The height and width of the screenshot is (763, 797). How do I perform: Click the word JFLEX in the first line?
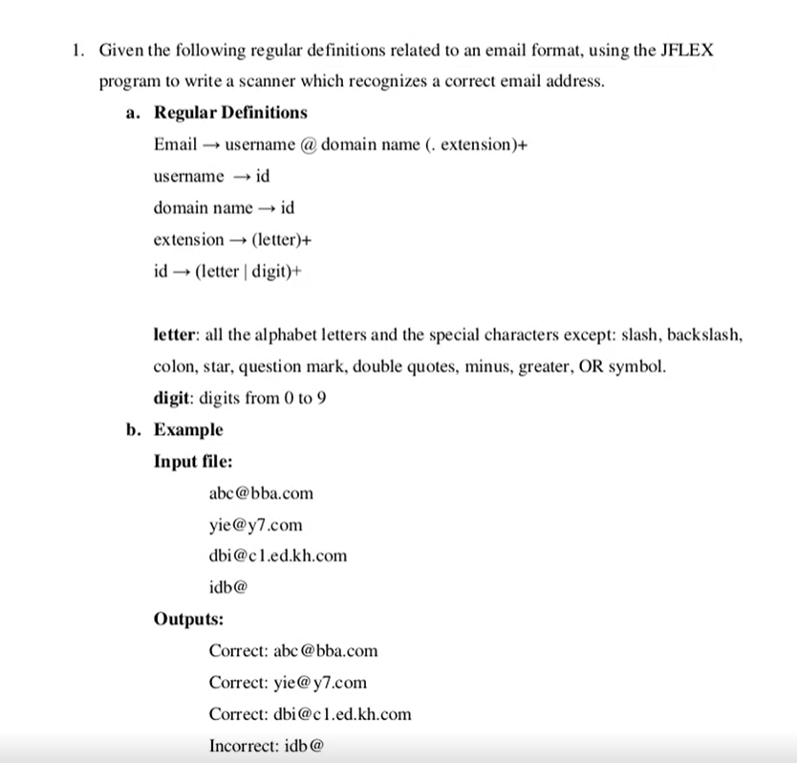pyautogui.click(x=686, y=50)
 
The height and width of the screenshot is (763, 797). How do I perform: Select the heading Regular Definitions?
pyautogui.click(x=230, y=113)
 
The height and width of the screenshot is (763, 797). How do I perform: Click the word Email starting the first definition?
pyautogui.click(x=175, y=144)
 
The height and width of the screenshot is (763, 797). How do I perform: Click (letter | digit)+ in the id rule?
pyautogui.click(x=248, y=271)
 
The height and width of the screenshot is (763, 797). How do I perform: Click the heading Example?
pyautogui.click(x=188, y=429)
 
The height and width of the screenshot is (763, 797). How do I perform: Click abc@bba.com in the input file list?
pyautogui.click(x=260, y=493)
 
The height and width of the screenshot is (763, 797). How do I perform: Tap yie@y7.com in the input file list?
pyautogui.click(x=255, y=525)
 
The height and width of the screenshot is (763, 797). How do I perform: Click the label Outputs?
pyautogui.click(x=188, y=619)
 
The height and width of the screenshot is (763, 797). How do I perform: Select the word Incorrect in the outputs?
pyautogui.click(x=244, y=745)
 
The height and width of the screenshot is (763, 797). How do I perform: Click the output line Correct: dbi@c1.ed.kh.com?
pyautogui.click(x=311, y=713)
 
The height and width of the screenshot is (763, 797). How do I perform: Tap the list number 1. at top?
pyautogui.click(x=79, y=50)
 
